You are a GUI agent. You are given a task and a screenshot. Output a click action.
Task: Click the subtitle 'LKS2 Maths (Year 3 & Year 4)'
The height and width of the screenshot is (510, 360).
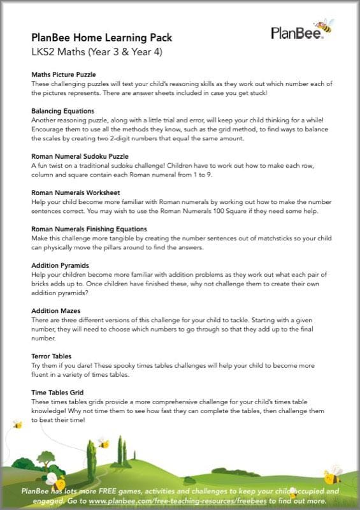(x=97, y=52)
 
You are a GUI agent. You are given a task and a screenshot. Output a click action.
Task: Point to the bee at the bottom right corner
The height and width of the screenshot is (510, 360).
(x=333, y=474)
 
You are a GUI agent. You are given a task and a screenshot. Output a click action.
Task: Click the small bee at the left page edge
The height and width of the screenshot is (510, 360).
(x=17, y=424)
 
